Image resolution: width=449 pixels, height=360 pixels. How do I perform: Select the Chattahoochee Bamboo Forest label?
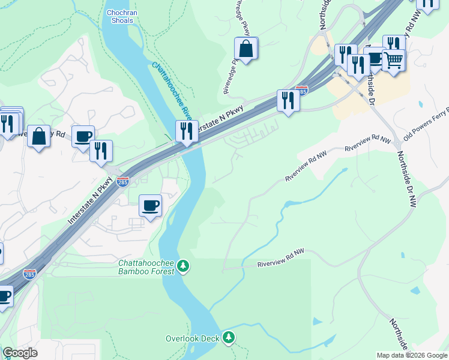point(146,267)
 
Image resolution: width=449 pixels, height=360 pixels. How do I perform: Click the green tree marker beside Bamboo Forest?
point(184,265)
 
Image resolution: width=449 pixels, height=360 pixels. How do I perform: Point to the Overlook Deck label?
point(193,338)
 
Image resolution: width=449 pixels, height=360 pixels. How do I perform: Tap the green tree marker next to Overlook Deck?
point(228,338)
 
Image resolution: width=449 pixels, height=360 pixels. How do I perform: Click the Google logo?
point(20,353)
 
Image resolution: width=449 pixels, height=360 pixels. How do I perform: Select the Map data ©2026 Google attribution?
point(412,355)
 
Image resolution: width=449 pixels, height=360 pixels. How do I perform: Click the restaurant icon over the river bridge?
point(187,131)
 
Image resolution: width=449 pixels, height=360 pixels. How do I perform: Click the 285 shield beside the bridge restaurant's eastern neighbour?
point(302,91)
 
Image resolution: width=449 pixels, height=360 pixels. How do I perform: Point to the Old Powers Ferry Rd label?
point(426,129)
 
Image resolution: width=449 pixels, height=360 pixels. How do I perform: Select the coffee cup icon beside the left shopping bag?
point(83,136)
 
